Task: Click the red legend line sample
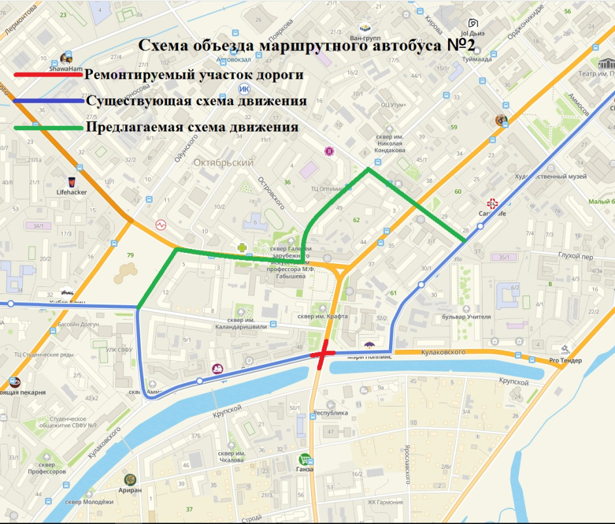click(46, 75)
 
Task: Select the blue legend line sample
click(46, 102)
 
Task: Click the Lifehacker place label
click(72, 192)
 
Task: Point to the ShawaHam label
click(66, 67)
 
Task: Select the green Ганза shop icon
click(305, 459)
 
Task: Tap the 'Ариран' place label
click(131, 490)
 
